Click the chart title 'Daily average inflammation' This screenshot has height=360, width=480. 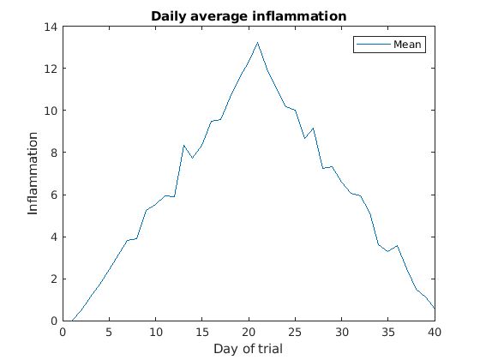[x=248, y=16]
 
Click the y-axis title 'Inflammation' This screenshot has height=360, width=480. [x=33, y=173]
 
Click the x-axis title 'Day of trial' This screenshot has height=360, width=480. [x=248, y=348]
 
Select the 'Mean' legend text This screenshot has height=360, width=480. [x=408, y=45]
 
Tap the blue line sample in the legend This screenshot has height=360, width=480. [x=374, y=45]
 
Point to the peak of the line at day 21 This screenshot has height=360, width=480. [x=257, y=43]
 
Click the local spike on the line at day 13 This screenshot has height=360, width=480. [x=183, y=145]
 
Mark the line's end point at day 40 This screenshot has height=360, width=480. [x=435, y=309]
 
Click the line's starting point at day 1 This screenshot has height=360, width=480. [x=71, y=321]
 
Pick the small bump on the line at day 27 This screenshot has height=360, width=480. [x=314, y=128]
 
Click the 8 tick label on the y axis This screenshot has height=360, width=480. [x=53, y=153]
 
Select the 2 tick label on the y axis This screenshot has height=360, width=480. [x=53, y=279]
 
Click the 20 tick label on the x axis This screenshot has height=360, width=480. [x=249, y=332]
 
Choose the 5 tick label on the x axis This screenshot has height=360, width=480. [x=109, y=332]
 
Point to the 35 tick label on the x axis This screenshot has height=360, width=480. [x=388, y=332]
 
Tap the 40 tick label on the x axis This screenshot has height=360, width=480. [x=435, y=332]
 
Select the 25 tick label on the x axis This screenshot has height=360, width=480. [x=295, y=332]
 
